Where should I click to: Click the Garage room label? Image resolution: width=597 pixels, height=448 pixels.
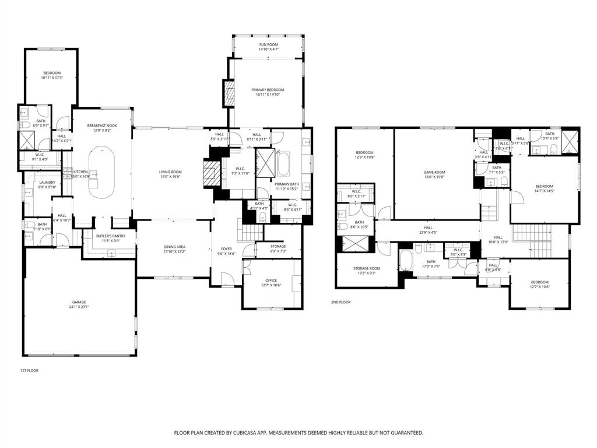coord(80,303)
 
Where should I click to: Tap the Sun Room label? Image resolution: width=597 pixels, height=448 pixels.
coord(268,45)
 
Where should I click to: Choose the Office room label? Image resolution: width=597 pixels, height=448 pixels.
coord(271,281)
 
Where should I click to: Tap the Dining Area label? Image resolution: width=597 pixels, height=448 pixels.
coord(174,247)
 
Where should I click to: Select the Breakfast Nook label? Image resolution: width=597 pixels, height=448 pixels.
coord(103,126)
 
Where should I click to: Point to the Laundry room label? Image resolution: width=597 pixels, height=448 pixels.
coord(47,183)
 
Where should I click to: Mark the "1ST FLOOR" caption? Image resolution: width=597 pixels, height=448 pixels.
coord(29,370)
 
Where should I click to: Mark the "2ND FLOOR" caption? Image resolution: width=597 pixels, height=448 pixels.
coord(341,302)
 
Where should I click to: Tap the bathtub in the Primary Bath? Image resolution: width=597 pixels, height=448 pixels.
coord(284,164)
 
